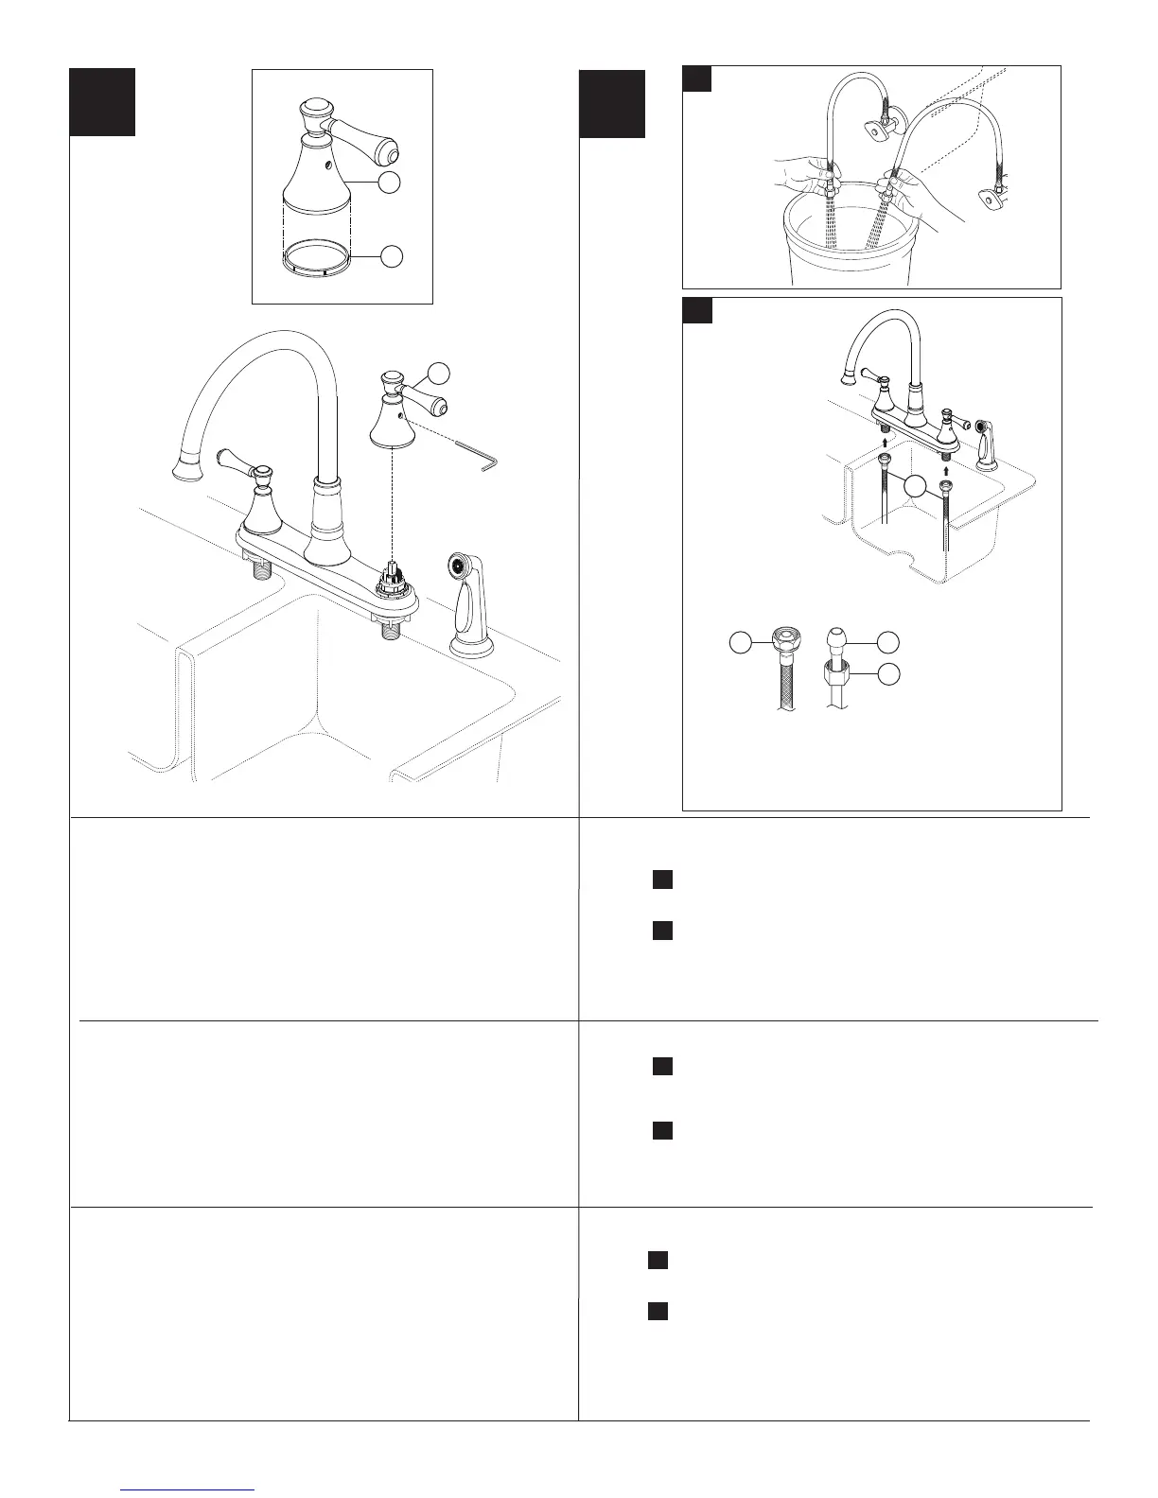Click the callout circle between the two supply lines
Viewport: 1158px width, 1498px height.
(914, 486)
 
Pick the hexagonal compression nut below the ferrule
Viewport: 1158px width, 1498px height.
(837, 673)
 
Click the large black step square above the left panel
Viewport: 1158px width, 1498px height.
(101, 101)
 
